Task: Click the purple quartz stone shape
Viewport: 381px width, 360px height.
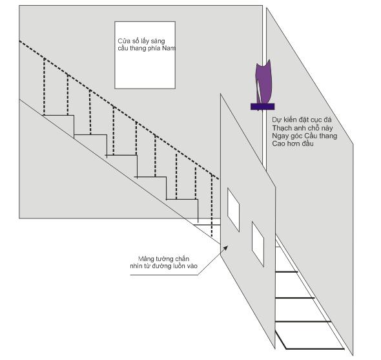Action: coord(263,81)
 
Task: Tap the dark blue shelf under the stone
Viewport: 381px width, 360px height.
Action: coord(262,107)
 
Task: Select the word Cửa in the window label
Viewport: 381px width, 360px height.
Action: coord(123,41)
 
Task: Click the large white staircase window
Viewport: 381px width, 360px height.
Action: coord(145,55)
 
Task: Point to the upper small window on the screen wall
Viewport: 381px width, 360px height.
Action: coord(233,209)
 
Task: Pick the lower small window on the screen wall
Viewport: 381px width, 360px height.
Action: coord(258,244)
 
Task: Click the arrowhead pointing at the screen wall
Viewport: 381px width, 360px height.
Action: coord(225,248)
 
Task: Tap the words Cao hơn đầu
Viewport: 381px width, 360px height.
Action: coord(293,143)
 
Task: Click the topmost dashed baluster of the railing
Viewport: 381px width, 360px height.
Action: coord(44,87)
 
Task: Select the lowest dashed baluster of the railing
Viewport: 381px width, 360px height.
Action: coord(212,206)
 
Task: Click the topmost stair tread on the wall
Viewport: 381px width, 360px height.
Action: coord(59,115)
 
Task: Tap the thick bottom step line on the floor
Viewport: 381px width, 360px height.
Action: coord(315,349)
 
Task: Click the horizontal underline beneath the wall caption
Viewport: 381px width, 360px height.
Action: coord(164,275)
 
